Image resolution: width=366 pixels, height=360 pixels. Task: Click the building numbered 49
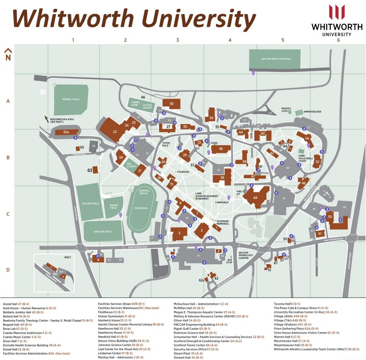click(255, 198)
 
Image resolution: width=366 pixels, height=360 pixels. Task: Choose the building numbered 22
click(115, 132)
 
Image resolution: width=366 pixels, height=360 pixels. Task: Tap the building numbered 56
click(171, 104)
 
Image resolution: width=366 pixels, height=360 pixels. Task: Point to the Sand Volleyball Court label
click(305, 159)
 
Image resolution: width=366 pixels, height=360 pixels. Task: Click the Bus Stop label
click(230, 262)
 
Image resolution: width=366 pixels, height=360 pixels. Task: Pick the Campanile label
click(221, 202)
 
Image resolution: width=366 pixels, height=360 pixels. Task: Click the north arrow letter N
click(8, 58)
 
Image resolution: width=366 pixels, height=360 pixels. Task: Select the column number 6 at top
click(339, 40)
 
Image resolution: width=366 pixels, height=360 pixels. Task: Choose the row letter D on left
click(8, 269)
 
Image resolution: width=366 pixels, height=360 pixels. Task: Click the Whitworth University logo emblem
click(337, 12)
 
